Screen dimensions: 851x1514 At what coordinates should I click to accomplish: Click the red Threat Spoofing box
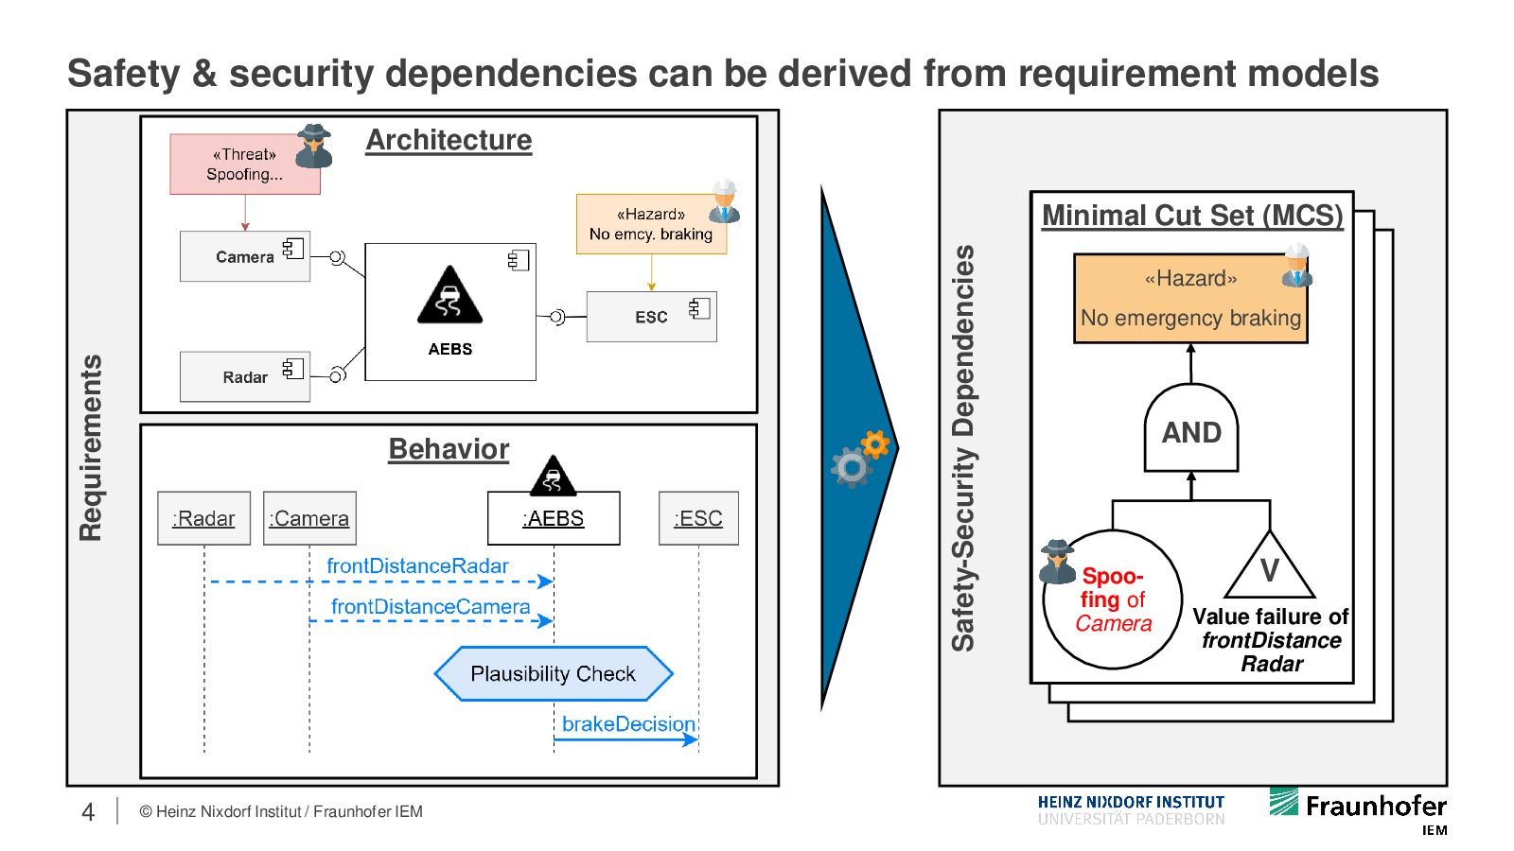coord(244,165)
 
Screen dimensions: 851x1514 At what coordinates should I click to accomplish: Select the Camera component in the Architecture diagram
coord(244,256)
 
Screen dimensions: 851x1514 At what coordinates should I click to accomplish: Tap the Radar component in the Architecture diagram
coord(244,376)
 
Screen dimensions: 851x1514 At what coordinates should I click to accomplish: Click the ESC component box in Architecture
coord(651,317)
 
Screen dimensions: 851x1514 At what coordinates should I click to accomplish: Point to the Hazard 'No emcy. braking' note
coord(651,225)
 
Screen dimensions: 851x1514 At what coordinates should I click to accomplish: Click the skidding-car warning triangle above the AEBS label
coord(449,296)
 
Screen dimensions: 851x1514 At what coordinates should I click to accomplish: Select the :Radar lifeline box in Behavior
coord(203,518)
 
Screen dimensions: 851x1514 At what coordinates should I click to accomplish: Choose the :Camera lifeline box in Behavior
coord(309,518)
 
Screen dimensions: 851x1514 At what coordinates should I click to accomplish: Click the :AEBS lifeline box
coord(554,518)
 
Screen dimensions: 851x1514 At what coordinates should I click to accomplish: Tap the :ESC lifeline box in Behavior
coord(698,518)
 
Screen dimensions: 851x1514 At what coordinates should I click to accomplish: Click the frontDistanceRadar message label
coord(417,565)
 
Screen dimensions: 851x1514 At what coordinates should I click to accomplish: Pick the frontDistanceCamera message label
coord(431,607)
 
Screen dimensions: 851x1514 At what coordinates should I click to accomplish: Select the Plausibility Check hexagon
coord(554,674)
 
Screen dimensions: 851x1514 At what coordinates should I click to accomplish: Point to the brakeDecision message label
coord(628,724)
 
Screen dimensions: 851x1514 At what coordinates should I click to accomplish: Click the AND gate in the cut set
coord(1191,430)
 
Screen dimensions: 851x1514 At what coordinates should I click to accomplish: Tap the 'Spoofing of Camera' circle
coord(1113,599)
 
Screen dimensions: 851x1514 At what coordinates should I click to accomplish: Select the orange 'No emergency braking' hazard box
coord(1190,299)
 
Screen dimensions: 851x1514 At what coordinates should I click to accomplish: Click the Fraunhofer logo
coord(1358,806)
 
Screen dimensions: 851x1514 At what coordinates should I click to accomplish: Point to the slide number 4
coord(88,812)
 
